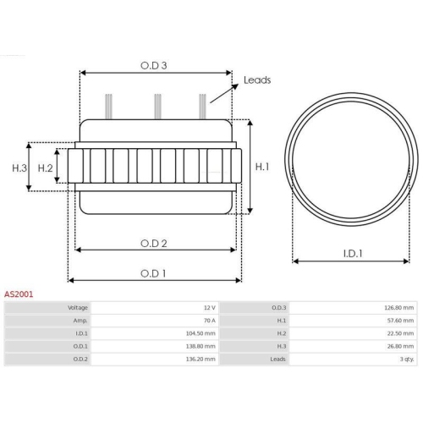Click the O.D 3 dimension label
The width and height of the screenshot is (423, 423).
pos(154,64)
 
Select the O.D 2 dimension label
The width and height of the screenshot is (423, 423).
pos(153,243)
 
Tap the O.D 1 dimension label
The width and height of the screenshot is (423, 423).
pos(153,272)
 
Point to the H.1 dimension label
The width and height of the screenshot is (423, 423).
pos(262,167)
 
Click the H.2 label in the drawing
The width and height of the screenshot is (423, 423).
pos(46,168)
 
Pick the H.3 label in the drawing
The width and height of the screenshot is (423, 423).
pos(19,168)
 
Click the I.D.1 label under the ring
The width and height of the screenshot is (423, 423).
pos(353,253)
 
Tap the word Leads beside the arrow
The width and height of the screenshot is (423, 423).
pos(256,80)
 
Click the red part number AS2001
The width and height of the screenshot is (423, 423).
pos(19,294)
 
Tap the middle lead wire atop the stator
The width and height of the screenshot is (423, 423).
pos(157,107)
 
